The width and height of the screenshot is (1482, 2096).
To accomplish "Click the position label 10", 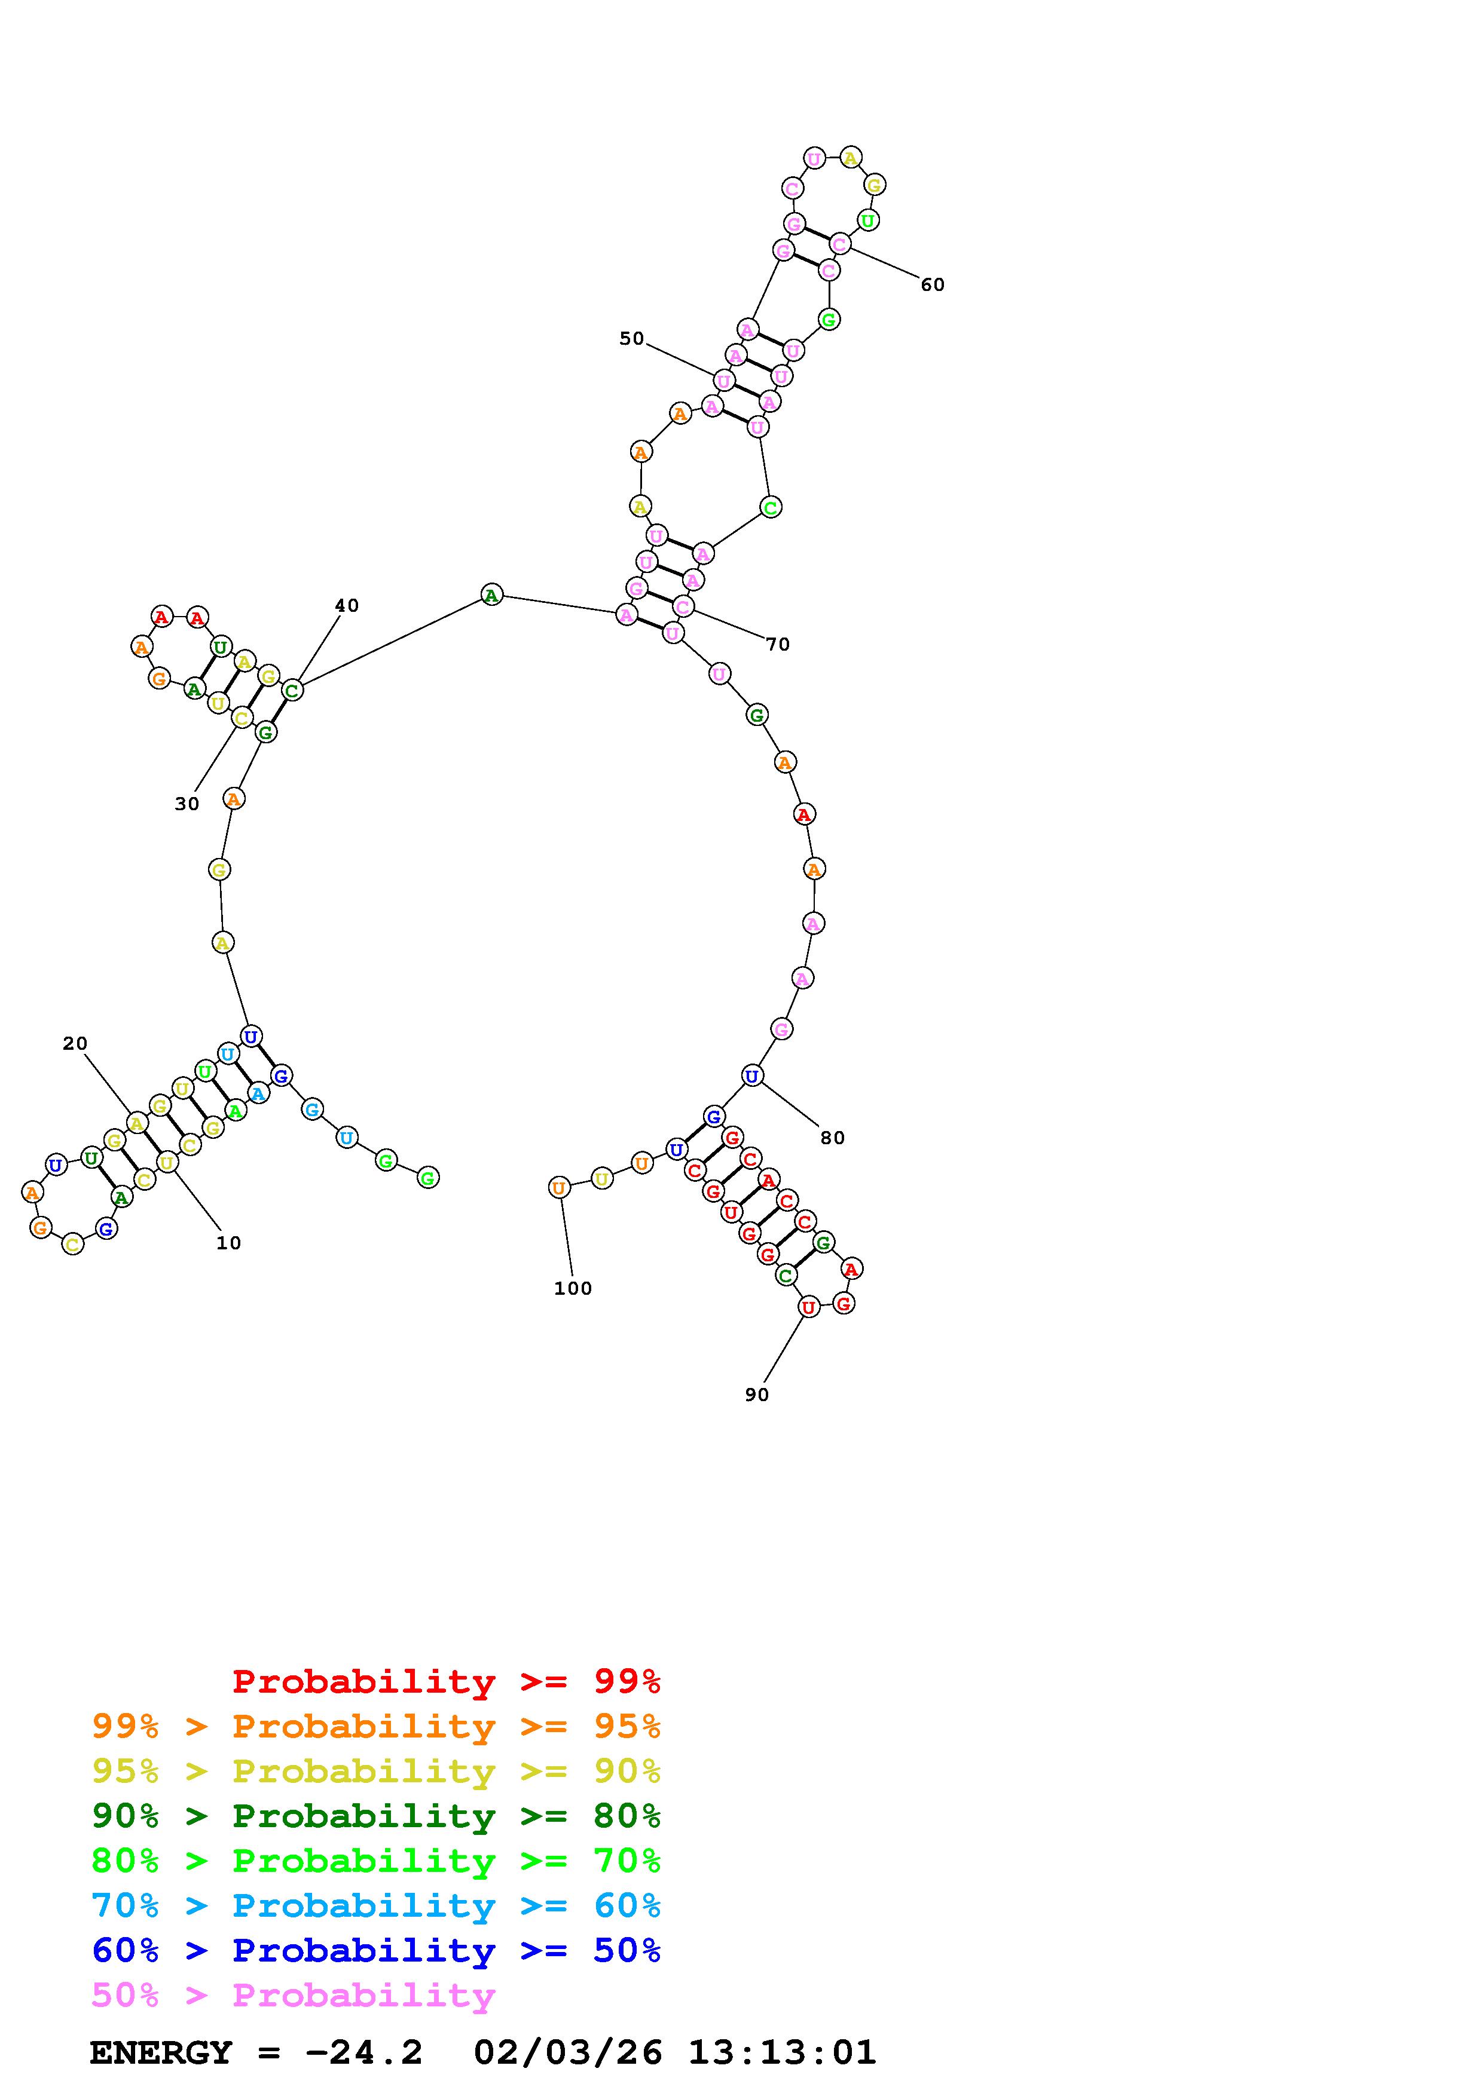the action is [x=228, y=1242].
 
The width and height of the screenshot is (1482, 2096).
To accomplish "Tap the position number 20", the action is [x=75, y=1043].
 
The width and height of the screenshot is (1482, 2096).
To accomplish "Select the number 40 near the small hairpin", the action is [x=346, y=605].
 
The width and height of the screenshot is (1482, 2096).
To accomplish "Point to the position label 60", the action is [x=932, y=285].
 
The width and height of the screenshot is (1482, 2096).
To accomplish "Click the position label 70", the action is [x=777, y=645].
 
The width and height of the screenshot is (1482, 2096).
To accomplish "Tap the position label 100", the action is [x=573, y=1288].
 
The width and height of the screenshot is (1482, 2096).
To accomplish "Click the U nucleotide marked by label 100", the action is [x=559, y=1188].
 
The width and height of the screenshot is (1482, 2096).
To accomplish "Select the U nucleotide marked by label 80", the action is [x=751, y=1076].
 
